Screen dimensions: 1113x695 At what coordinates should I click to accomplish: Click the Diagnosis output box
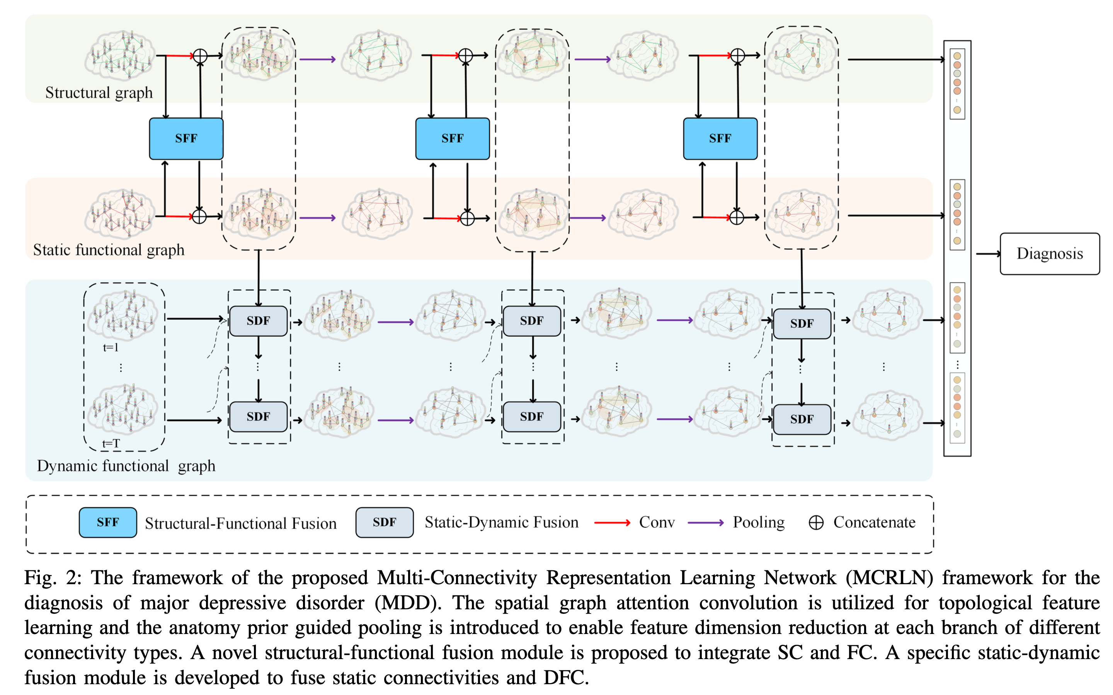[x=1050, y=254]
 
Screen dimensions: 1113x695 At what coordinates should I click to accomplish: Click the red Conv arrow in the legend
[x=612, y=523]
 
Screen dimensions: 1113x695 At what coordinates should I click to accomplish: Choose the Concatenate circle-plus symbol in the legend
[x=816, y=523]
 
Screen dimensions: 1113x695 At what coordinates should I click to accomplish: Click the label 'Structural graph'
[x=99, y=93]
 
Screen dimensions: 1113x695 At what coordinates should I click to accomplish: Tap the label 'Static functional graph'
[x=109, y=250]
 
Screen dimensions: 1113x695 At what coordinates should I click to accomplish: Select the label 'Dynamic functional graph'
[x=126, y=466]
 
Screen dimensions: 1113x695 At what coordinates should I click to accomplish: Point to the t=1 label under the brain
[x=111, y=347]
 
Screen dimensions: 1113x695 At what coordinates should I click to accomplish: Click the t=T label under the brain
[x=111, y=444]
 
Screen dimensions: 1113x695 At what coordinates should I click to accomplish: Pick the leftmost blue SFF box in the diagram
[x=186, y=138]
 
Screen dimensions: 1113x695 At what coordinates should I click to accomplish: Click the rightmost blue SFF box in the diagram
[x=720, y=138]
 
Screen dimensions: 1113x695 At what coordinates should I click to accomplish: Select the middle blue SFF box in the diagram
[x=453, y=138]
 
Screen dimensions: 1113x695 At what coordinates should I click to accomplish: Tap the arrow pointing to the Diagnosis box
[x=988, y=254]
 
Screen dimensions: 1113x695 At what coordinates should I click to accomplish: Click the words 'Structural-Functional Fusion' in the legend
[x=240, y=524]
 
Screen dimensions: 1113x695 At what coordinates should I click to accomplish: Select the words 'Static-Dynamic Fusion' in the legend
[x=501, y=523]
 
